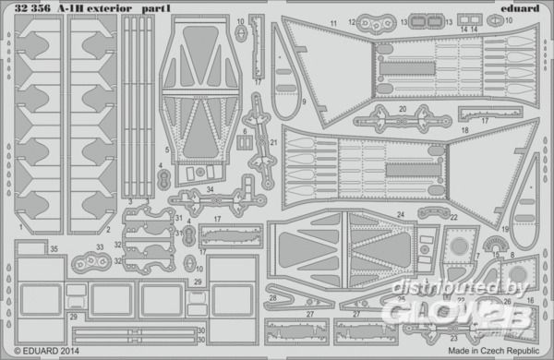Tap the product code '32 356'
(x=30, y=10)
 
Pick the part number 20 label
(x=402, y=109)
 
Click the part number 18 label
(x=464, y=131)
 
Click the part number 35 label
(x=29, y=249)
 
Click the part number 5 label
(x=167, y=150)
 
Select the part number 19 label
(x=506, y=228)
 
